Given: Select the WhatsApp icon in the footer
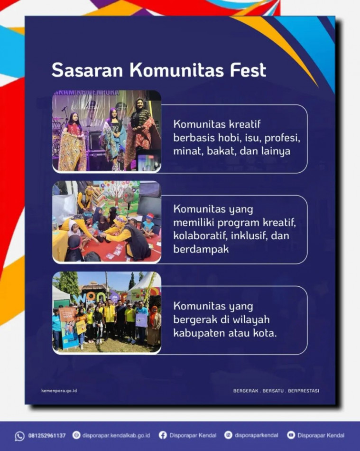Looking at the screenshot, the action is point(19,436).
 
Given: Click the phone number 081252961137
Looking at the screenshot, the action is point(47,435).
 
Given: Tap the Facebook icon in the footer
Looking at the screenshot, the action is point(163,435).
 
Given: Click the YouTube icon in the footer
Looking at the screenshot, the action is point(291,435).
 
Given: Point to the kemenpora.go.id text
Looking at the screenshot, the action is point(59,391).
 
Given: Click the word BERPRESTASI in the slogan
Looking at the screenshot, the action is point(304,391).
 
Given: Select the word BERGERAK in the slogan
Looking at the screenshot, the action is point(246,391).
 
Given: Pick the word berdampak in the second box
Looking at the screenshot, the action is point(201,249).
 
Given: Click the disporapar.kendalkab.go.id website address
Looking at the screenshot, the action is point(116,435).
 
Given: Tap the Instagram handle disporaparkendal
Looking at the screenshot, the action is point(256,435).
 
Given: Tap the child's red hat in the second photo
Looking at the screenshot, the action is point(149,216).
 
